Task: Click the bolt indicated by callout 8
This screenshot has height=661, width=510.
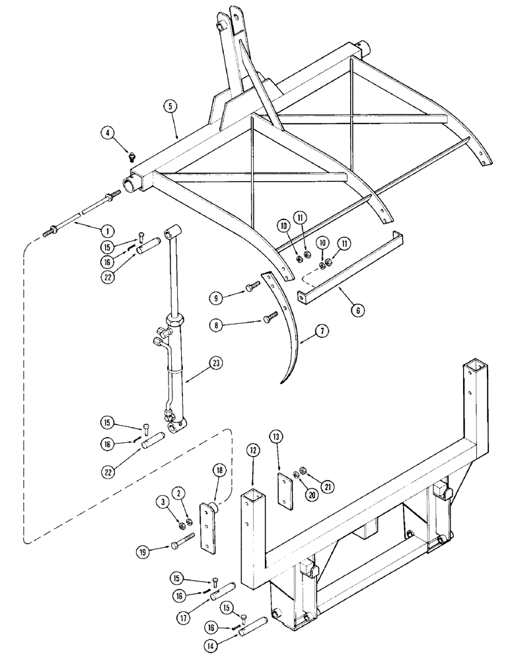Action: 272,318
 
